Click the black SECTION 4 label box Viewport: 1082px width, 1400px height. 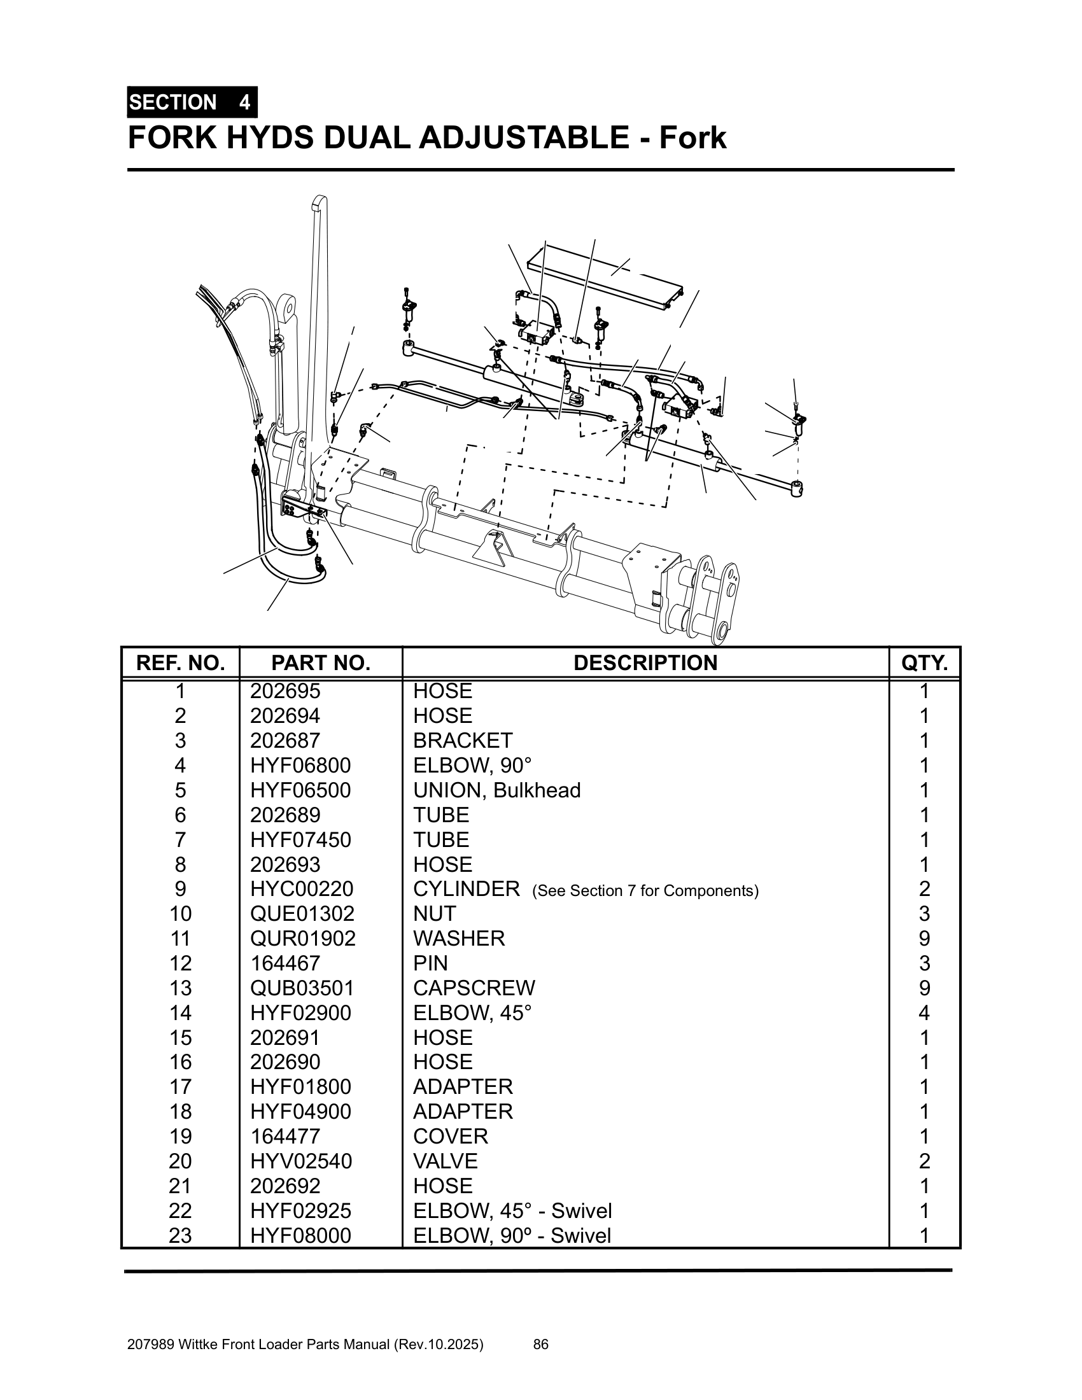(x=192, y=102)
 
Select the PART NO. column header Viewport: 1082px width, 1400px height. (x=321, y=663)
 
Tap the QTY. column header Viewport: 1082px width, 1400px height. (x=924, y=663)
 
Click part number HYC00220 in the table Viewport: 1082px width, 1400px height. (x=301, y=889)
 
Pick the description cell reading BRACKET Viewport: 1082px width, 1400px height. (x=462, y=740)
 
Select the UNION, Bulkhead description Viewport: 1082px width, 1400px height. (x=496, y=790)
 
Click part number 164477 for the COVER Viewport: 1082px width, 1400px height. (x=285, y=1137)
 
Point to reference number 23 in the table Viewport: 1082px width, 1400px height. (x=180, y=1235)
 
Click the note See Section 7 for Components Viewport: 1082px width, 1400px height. (x=645, y=891)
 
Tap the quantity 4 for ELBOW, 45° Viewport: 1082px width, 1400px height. (x=924, y=1013)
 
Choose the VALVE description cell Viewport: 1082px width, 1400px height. (x=445, y=1161)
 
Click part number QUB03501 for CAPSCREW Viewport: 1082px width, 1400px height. (x=302, y=988)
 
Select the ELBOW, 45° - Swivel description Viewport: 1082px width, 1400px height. (x=512, y=1211)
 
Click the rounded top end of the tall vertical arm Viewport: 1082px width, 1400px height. (x=320, y=203)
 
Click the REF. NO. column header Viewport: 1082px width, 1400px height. (x=180, y=663)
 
